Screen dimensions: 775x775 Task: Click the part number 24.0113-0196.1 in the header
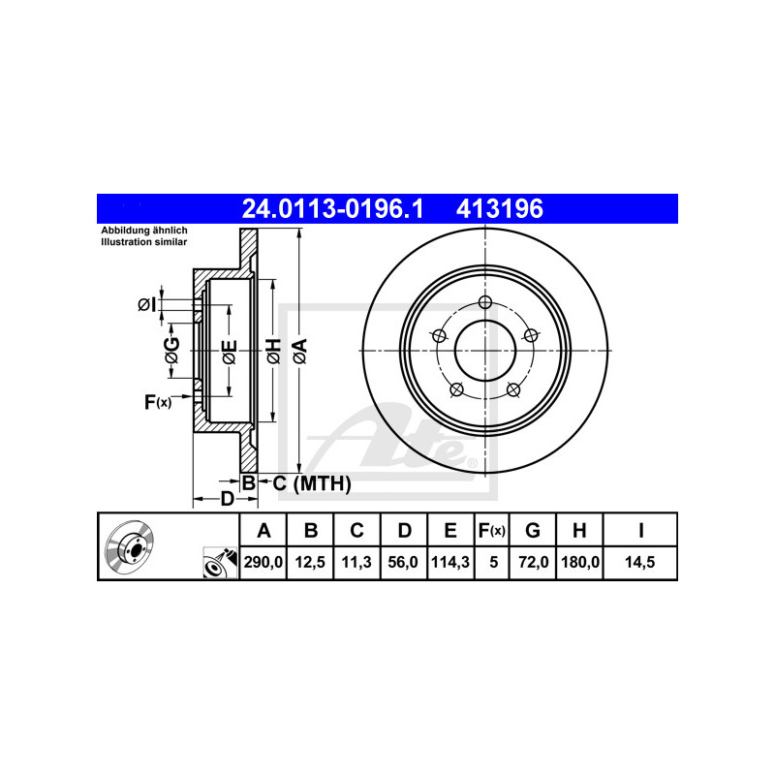332,208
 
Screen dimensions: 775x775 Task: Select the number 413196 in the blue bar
499,208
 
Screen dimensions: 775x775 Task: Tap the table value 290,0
263,562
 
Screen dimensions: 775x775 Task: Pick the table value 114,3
450,562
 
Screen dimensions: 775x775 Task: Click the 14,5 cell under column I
639,562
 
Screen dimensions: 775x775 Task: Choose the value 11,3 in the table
356,562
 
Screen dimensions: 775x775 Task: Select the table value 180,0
580,562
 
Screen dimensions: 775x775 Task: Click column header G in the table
532,530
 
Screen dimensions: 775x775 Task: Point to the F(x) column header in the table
491,530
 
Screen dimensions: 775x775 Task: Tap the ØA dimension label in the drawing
299,351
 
